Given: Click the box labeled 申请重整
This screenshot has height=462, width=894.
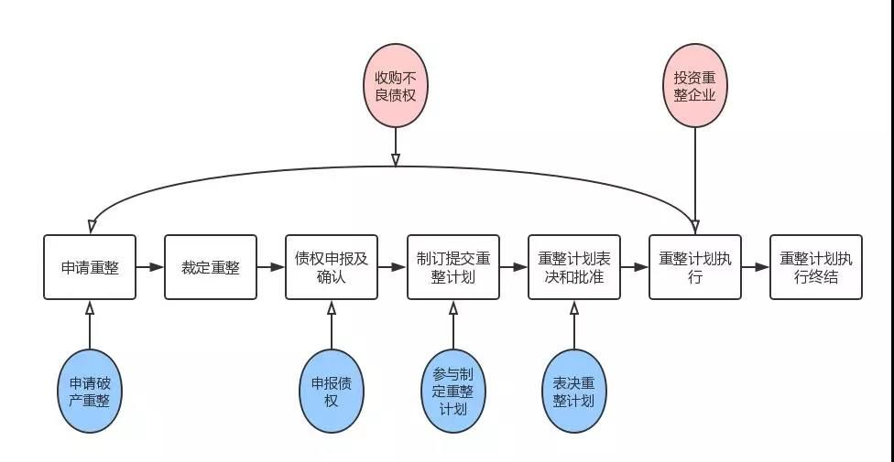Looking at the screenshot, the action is point(90,266).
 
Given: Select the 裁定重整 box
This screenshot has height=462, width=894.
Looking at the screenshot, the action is point(211,266).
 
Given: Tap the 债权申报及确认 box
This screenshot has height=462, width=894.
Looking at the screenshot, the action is point(332,266).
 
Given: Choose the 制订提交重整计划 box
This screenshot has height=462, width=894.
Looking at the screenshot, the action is point(452,266).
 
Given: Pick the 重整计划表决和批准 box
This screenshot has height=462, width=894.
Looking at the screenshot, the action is point(573,266).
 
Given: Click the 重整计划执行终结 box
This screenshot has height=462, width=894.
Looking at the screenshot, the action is point(816,266).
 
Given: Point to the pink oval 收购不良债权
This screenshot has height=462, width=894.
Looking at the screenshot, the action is point(395,85).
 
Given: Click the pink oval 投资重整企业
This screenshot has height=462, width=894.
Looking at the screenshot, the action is point(694,85).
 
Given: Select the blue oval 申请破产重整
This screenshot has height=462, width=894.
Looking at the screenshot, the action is point(90,391).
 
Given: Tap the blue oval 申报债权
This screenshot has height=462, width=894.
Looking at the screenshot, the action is point(332,391).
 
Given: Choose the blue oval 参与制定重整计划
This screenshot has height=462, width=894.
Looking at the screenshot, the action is point(452,391).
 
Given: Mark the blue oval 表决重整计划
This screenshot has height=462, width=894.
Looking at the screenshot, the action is point(573,391).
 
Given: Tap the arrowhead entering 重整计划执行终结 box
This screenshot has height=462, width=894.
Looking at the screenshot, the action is point(762,266).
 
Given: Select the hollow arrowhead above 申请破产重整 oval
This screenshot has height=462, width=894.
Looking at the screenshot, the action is point(90,307).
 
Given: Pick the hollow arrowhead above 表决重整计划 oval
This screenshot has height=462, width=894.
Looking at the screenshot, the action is point(573,307).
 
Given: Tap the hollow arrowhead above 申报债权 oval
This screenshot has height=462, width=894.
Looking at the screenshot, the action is point(332,307).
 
